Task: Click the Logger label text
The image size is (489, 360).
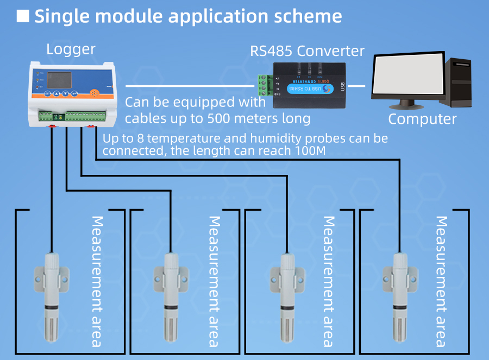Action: point(71,49)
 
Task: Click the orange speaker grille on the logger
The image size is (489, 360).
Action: point(96,93)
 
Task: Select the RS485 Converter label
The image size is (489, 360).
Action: point(307,51)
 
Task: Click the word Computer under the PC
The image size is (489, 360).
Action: point(422,119)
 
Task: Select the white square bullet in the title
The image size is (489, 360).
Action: point(23,16)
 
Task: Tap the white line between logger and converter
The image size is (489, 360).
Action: point(190,86)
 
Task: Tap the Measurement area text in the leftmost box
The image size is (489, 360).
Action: point(97,281)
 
